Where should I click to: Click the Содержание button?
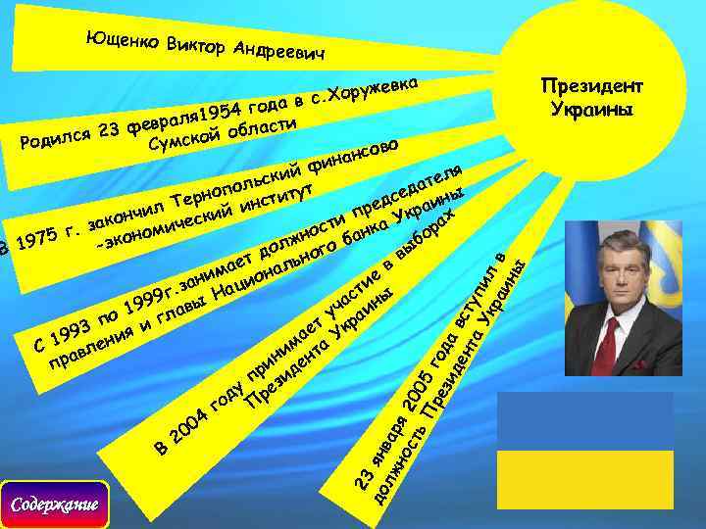55,505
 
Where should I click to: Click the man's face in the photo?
608,280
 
